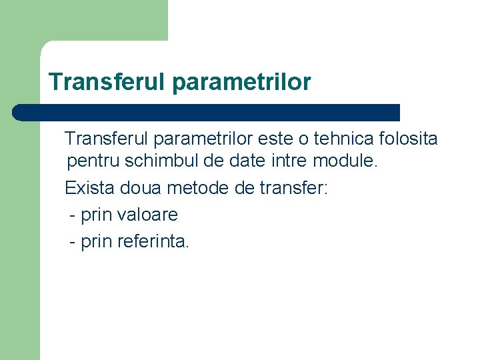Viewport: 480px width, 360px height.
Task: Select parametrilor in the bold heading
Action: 241,82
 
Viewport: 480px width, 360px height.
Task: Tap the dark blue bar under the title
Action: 207,112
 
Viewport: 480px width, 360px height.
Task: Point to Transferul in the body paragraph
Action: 106,139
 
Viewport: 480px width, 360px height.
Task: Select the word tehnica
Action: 344,139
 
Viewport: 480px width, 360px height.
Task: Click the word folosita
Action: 407,139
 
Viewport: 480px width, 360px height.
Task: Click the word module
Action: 347,161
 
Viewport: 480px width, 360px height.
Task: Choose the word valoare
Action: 147,215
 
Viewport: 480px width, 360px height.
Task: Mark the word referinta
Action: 152,241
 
